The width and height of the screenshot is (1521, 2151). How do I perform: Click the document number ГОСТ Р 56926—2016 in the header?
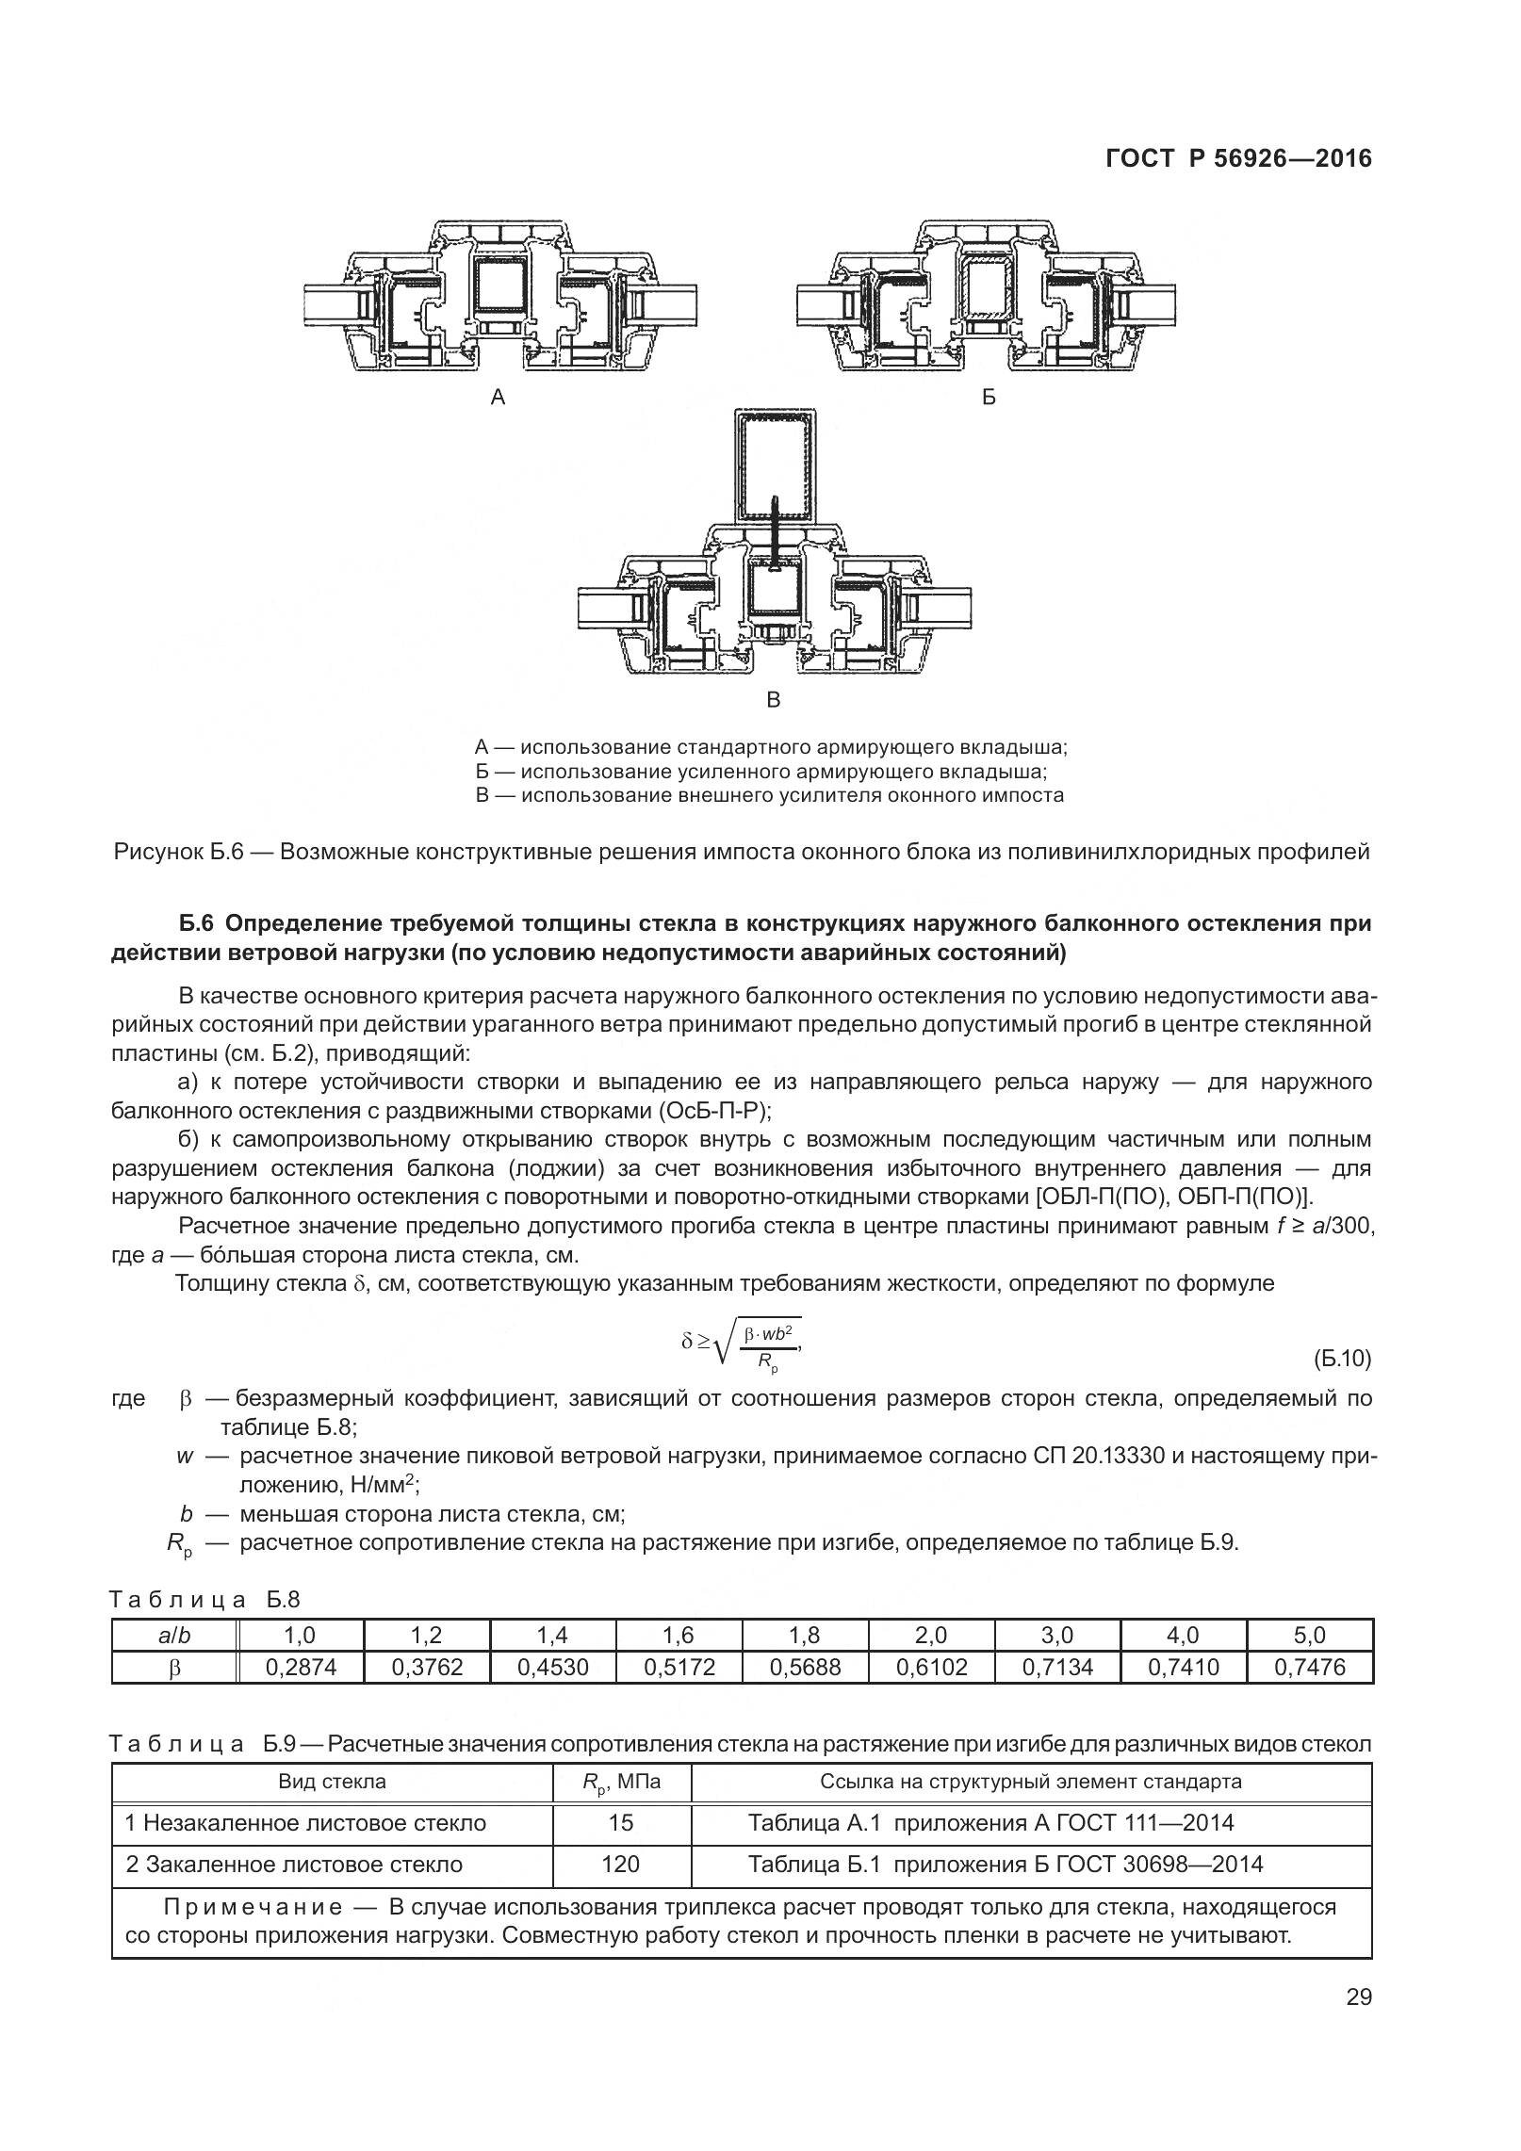point(1238,159)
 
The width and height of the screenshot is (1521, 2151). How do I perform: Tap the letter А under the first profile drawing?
point(499,398)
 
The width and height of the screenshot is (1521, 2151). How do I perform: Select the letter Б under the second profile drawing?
point(989,398)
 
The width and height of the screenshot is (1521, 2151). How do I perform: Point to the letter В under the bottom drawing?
point(774,700)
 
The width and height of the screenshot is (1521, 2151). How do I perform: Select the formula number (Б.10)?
point(1342,1359)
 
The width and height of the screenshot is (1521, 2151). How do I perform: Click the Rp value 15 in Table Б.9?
point(621,1822)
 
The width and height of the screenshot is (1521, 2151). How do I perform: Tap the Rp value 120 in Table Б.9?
point(621,1864)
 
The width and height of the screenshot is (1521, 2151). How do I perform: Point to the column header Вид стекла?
point(332,1782)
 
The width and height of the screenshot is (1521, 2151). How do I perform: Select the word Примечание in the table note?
point(253,1907)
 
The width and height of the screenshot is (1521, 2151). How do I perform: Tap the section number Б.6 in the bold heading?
point(199,924)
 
